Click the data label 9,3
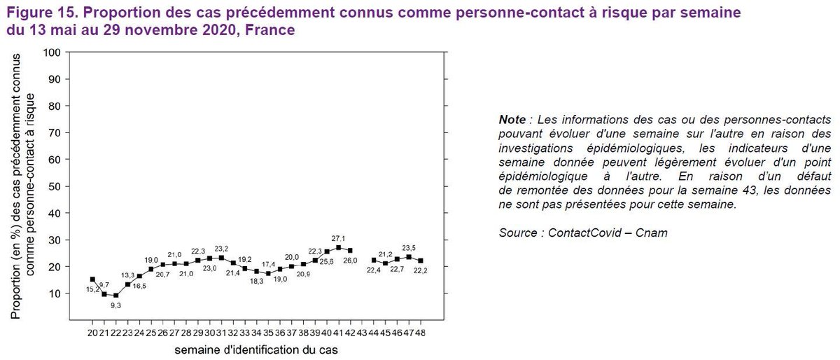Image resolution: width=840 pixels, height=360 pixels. click(x=116, y=305)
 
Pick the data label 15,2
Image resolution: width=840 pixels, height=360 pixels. click(x=92, y=289)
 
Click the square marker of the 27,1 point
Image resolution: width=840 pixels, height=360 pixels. click(x=339, y=247)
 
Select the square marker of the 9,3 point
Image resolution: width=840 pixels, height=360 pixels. click(x=115, y=296)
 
